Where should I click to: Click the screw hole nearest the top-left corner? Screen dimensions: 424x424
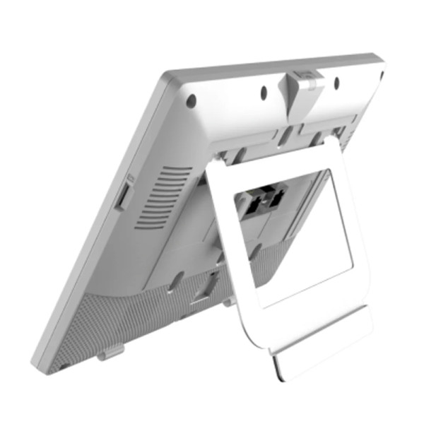click(191, 101)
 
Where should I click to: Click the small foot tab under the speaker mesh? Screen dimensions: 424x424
click(110, 351)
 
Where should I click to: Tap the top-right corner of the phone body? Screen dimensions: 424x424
click(379, 63)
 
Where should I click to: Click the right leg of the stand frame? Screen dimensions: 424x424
click(357, 233)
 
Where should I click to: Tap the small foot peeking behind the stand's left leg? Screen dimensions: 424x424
click(228, 302)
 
